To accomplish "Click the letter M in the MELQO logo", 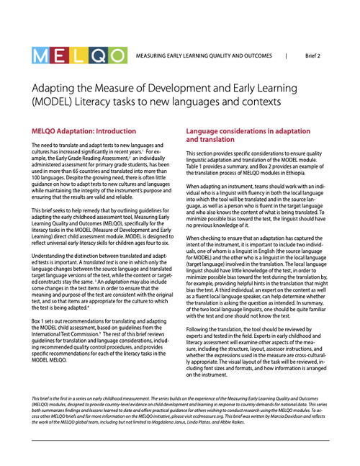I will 40,55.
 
